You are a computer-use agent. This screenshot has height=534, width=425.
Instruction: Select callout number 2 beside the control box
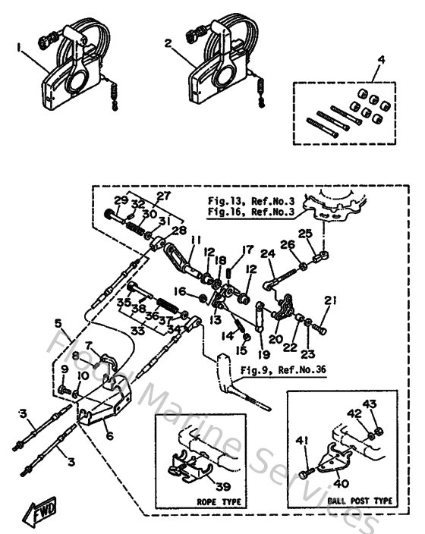168,44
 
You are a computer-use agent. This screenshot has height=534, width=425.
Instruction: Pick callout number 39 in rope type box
223,486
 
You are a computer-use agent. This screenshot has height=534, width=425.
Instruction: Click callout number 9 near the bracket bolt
65,369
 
